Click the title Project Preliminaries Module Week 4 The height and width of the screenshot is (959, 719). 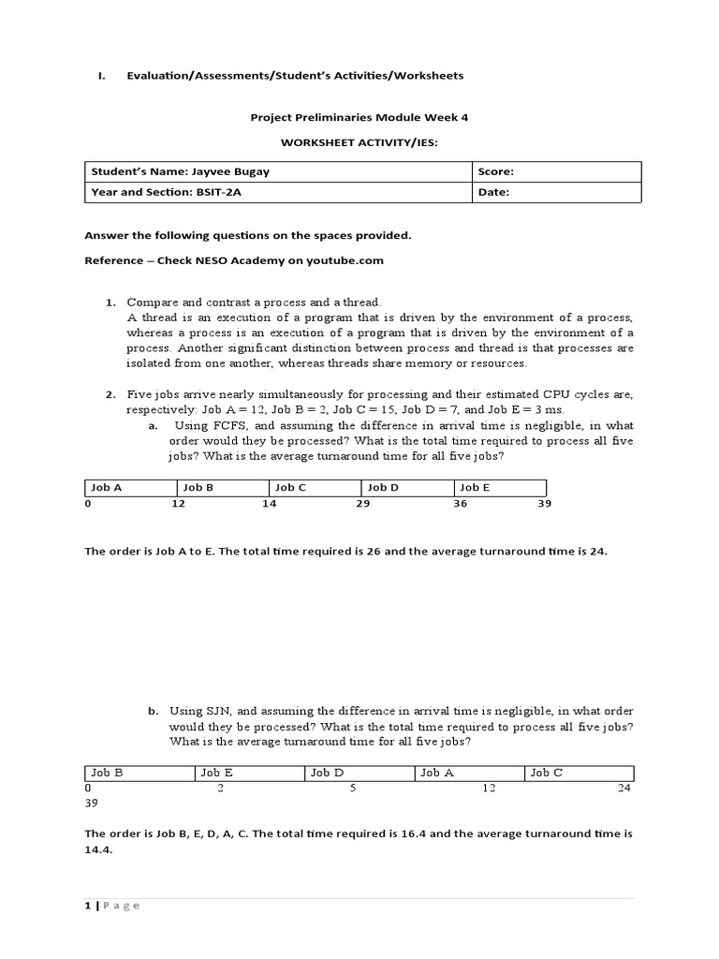[x=359, y=118]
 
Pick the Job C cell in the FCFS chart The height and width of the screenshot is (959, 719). [x=315, y=488]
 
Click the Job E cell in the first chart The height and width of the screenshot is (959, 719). [x=500, y=488]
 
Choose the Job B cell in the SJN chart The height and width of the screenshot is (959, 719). [x=139, y=773]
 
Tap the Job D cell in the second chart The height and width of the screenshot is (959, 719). [x=359, y=773]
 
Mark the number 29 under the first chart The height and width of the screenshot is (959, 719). [x=363, y=504]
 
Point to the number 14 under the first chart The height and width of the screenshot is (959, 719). [x=270, y=504]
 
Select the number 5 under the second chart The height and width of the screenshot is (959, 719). [x=354, y=789]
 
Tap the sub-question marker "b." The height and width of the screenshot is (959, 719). [x=154, y=712]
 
